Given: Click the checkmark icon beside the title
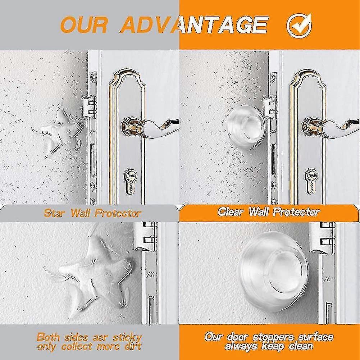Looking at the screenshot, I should pyautogui.click(x=299, y=25).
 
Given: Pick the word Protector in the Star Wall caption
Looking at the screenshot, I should pyautogui.click(x=118, y=213).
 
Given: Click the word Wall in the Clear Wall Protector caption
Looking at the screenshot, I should pyautogui.click(x=258, y=211).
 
